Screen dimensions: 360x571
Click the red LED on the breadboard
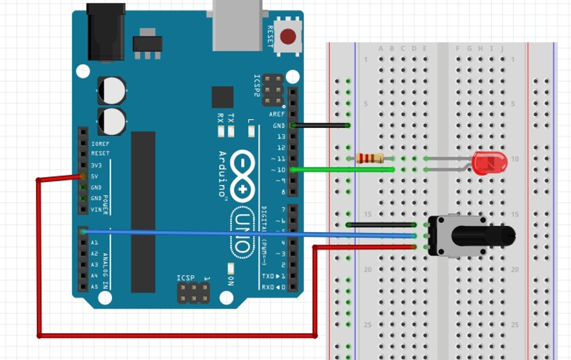coord(489,163)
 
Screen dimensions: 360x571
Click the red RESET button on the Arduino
coord(288,36)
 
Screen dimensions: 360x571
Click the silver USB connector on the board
coord(237,25)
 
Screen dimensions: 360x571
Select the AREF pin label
coord(277,114)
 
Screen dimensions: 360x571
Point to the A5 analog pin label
coord(94,287)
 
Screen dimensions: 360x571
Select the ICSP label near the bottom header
coord(185,278)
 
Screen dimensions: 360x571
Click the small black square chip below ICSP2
coord(222,97)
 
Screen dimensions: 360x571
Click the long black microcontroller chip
coord(143,212)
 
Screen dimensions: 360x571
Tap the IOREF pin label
coord(100,144)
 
